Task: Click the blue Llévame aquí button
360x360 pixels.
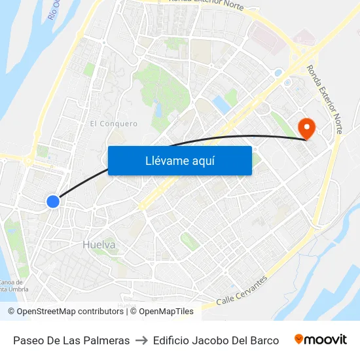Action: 179,160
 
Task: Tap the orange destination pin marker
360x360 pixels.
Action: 306,127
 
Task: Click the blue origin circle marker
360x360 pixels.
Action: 53,202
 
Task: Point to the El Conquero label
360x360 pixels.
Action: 114,123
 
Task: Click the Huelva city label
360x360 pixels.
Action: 99,245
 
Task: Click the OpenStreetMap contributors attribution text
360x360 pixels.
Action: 69,312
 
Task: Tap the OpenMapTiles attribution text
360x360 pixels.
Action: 166,312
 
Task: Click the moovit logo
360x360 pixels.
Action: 320,340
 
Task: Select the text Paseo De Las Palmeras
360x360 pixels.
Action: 71,340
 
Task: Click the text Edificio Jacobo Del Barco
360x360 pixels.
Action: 215,340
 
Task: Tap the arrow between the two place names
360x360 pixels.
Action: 141,340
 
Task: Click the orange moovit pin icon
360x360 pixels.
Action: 299,339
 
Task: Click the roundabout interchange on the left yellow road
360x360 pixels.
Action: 29,159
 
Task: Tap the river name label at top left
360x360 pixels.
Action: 54,10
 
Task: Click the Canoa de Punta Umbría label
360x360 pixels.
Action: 12,286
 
